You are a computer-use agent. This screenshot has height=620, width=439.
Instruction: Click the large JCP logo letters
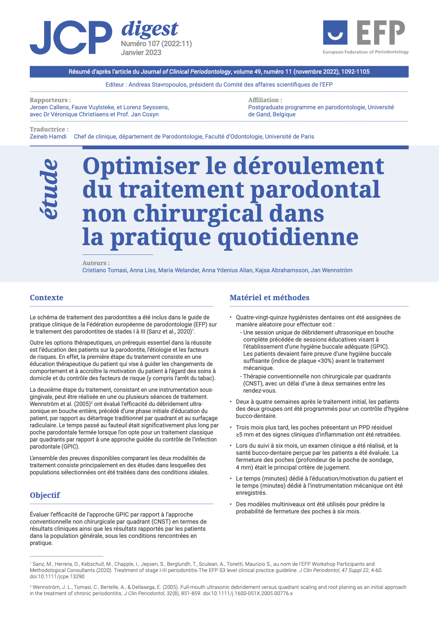click(x=71, y=38)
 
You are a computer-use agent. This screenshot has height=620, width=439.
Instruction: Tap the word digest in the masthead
click(x=150, y=29)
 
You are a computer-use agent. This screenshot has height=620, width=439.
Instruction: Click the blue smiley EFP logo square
click(x=335, y=32)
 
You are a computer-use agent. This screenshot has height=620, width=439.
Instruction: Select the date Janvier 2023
click(x=141, y=52)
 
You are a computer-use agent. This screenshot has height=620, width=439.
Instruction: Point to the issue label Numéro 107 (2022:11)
click(x=156, y=44)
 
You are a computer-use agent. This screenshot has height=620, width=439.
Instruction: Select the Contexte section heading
click(x=47, y=298)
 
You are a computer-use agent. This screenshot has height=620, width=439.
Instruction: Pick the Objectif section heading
click(x=45, y=495)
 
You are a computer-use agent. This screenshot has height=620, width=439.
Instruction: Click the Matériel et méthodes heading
click(x=269, y=298)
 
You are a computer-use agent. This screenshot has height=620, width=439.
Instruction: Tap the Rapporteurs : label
click(x=50, y=100)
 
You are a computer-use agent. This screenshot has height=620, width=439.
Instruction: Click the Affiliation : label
click(x=265, y=100)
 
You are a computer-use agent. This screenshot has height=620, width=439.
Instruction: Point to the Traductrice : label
click(x=49, y=129)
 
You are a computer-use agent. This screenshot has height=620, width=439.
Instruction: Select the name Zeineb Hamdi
click(x=48, y=136)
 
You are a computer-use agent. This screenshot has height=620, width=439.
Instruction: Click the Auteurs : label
click(x=96, y=263)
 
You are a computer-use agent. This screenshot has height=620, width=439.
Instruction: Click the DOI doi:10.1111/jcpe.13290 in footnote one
click(x=57, y=576)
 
